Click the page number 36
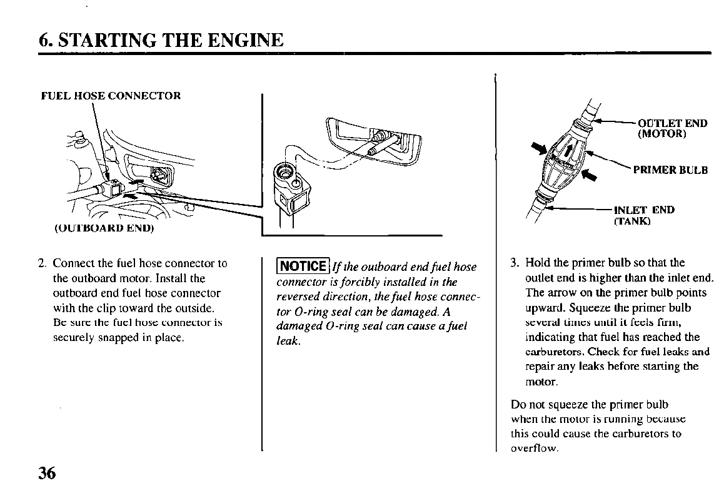click(x=47, y=474)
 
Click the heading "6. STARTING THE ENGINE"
click(x=161, y=41)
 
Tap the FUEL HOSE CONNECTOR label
click(x=111, y=96)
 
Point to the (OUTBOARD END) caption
click(x=100, y=228)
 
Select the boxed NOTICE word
click(x=303, y=266)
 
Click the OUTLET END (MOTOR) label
click(x=672, y=128)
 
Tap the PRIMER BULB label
click(x=670, y=170)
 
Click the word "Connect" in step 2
click(x=74, y=263)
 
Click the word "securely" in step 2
click(x=74, y=338)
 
